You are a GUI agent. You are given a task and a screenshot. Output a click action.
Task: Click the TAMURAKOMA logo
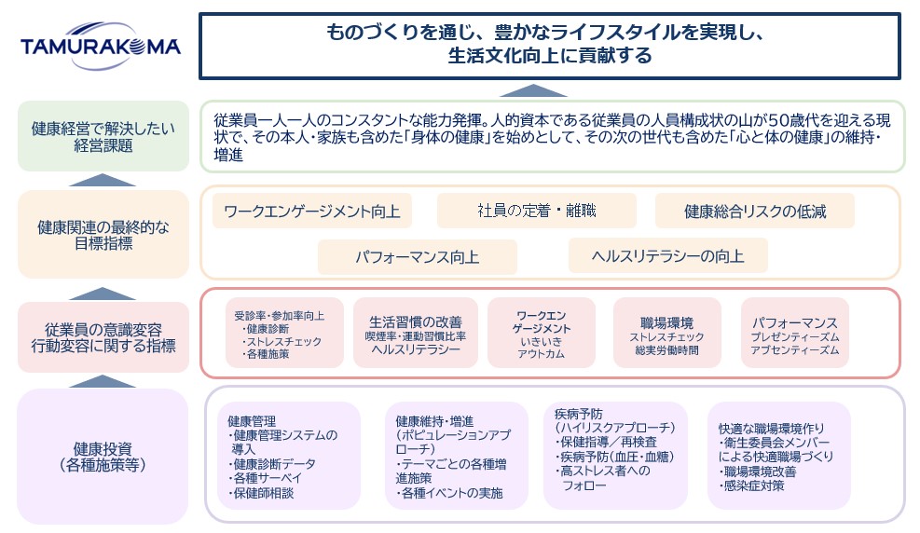(101, 47)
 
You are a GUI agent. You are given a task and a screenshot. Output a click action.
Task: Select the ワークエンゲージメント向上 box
(312, 212)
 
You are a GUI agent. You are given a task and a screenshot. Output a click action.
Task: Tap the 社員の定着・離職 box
(536, 212)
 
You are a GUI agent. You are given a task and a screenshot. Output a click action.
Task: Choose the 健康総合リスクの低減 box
(755, 212)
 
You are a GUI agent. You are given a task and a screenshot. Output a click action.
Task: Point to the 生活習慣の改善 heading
(416, 321)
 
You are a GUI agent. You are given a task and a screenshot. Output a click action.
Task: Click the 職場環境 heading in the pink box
(666, 322)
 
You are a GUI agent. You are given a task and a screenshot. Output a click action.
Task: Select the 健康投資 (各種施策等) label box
(103, 455)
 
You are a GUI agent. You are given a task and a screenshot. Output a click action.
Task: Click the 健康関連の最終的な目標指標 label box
(103, 234)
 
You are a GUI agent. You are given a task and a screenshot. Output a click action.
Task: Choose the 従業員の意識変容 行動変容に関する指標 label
(103, 337)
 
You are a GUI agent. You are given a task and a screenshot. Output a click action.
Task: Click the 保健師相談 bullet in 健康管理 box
(263, 493)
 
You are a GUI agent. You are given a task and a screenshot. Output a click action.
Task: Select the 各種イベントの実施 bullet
(451, 493)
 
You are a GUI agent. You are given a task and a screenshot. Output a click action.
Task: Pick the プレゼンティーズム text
(795, 336)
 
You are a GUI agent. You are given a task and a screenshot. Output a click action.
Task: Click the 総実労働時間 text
(666, 350)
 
